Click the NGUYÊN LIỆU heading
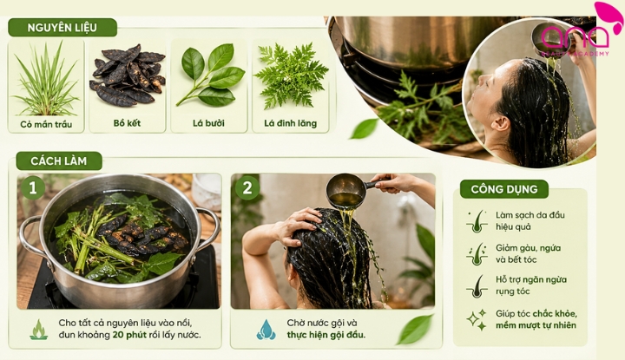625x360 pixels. coord(62,28)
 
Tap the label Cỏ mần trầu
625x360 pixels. coord(46,125)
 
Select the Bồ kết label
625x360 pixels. coord(127,123)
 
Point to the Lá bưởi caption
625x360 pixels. coord(208,123)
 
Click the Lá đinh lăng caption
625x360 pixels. coord(290,123)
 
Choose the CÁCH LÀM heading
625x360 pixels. coord(59,160)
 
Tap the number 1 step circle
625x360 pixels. coord(33,187)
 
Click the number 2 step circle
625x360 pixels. coord(247,187)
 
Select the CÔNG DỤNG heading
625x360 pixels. coord(503,189)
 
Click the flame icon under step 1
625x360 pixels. coord(39,330)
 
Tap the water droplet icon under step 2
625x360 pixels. coord(266,330)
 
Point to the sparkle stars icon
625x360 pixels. coord(477,319)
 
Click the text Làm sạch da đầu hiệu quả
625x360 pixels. coord(530,221)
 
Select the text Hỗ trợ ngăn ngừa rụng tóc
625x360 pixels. coord(531,285)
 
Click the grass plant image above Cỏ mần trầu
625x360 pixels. coord(46,80)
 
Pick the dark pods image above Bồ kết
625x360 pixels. coord(127,75)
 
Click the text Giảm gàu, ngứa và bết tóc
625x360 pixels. coord(528,253)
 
